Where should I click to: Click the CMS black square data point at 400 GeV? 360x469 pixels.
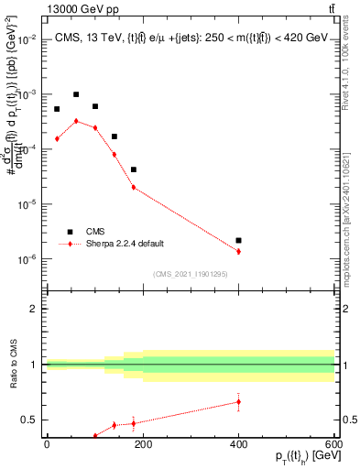click(238, 240)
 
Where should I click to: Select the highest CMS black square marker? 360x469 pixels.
click(76, 94)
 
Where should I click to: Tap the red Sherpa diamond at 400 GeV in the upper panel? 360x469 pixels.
click(238, 251)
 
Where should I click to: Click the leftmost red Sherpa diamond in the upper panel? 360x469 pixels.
click(57, 138)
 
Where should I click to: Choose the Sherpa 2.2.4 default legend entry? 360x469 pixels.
click(125, 244)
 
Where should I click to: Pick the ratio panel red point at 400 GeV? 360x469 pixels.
click(238, 401)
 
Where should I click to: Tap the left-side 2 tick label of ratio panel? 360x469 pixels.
click(33, 309)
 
